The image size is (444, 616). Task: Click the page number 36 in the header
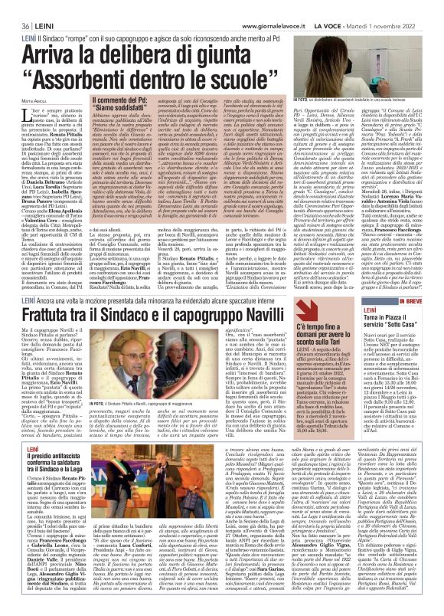[14, 8]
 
